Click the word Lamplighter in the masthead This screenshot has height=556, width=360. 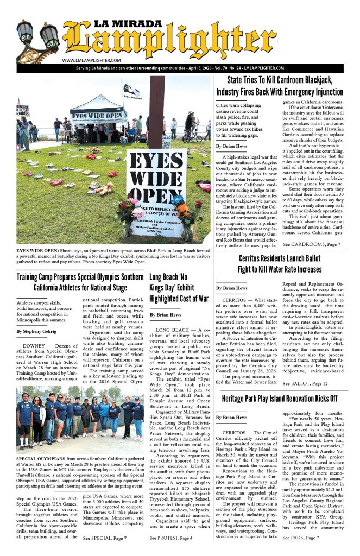(163, 43)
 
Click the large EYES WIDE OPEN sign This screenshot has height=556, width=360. (156, 180)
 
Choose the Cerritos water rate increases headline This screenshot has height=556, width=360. (280, 264)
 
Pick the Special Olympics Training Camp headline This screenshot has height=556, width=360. (80, 282)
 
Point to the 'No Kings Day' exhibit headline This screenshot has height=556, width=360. (179, 288)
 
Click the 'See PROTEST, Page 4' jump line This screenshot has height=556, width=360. (171, 538)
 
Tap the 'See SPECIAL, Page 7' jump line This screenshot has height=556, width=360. (105, 538)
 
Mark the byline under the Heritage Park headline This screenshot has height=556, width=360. (231, 417)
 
